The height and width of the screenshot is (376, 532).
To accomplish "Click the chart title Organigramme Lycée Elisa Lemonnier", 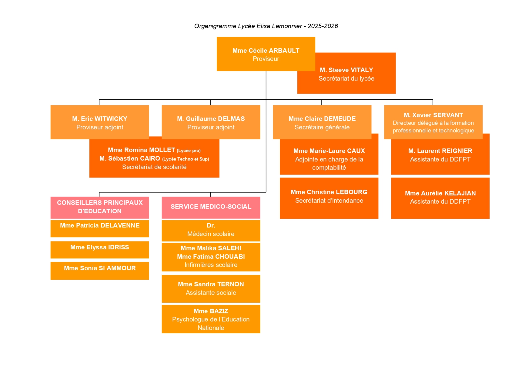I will tap(266, 26).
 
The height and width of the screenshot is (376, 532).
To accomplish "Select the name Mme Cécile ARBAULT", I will tap(266, 51).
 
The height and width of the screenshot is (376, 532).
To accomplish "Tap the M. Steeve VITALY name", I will tap(346, 70).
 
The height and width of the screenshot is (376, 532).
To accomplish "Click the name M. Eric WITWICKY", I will tap(100, 119).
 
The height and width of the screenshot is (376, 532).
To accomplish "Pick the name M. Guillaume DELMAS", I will tap(211, 119).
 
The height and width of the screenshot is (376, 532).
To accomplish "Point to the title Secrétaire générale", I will tap(322, 127).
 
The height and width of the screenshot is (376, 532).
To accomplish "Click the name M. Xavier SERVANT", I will tap(433, 115).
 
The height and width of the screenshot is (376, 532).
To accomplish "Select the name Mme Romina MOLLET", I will tap(142, 150).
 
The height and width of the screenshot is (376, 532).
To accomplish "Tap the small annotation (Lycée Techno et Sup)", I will tap(186, 159).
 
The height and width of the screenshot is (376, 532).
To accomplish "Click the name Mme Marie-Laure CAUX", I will tap(329, 151).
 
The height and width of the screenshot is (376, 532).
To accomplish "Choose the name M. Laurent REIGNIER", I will tap(440, 151).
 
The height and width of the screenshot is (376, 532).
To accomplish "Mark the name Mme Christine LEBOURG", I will tap(329, 192).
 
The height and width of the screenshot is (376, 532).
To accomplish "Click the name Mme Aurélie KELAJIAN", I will tap(440, 193).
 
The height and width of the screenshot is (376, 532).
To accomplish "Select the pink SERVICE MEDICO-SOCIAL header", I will tap(211, 207).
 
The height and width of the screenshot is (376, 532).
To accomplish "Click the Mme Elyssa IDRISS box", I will tap(100, 249).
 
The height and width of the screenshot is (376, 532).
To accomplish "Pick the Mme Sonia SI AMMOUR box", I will tap(100, 270).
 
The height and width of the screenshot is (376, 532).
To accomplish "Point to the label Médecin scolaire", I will tap(211, 234).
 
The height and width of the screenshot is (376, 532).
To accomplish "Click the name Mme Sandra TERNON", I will tap(211, 284).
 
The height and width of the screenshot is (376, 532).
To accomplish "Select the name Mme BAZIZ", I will tap(211, 311).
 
